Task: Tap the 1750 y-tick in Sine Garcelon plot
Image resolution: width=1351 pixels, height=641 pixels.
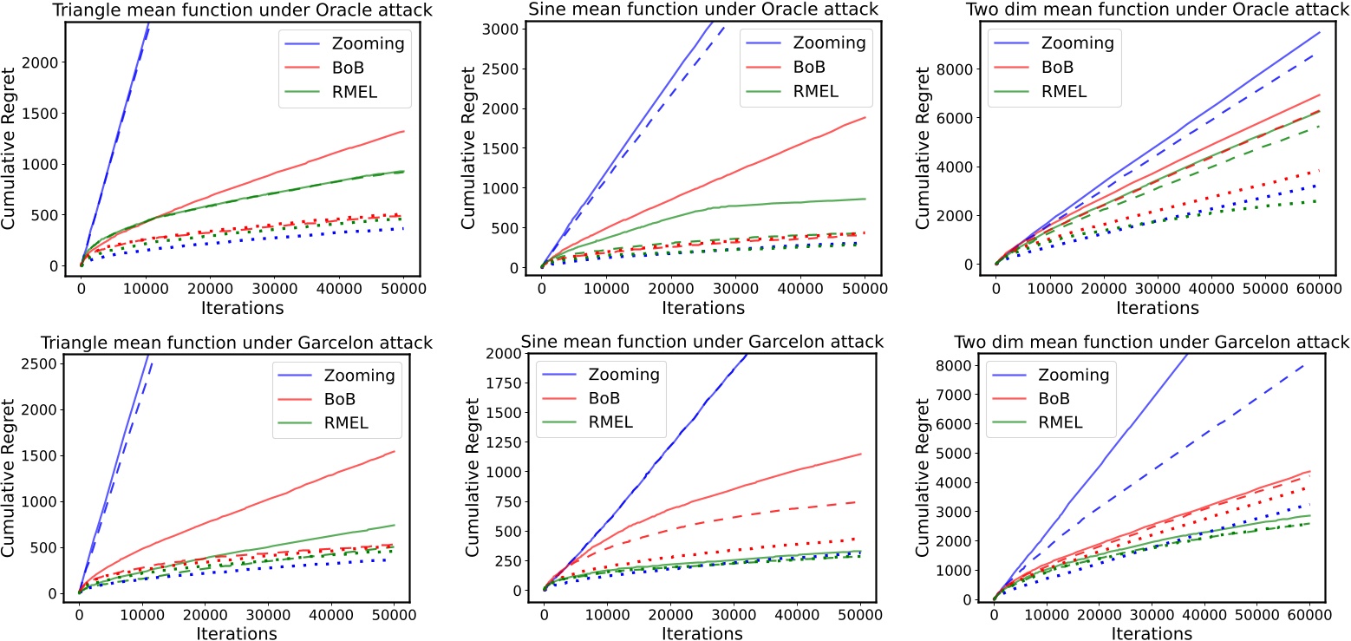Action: point(507,383)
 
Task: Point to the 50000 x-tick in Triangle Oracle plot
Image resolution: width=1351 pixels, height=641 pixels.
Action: point(403,284)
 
